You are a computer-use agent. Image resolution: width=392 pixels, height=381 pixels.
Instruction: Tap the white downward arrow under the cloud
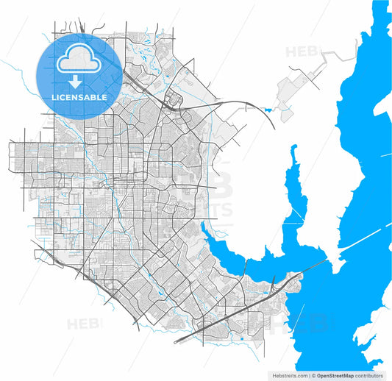click(76, 82)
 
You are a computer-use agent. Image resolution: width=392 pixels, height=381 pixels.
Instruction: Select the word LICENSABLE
click(79, 97)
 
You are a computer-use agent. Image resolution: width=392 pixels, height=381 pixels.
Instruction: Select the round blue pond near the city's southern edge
click(241, 339)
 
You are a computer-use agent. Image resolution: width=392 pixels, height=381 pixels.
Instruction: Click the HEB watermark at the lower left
click(85, 324)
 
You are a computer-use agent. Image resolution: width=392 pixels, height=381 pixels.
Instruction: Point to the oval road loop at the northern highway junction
click(176, 101)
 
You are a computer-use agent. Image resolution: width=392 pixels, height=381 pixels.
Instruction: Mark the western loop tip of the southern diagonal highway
click(177, 343)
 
